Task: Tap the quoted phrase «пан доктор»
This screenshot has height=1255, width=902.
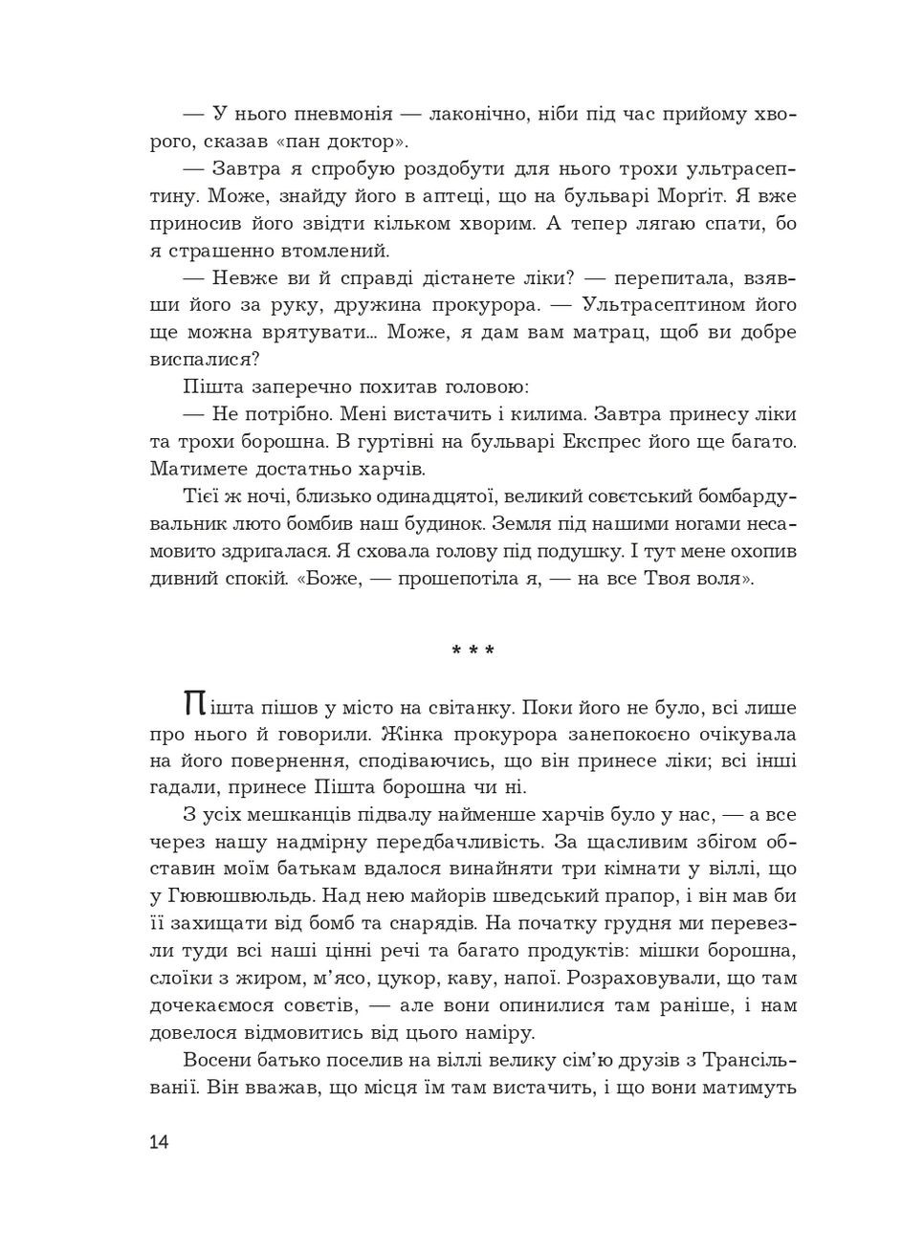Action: pos(354,143)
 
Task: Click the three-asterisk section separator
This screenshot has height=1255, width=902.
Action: pos(473,651)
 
